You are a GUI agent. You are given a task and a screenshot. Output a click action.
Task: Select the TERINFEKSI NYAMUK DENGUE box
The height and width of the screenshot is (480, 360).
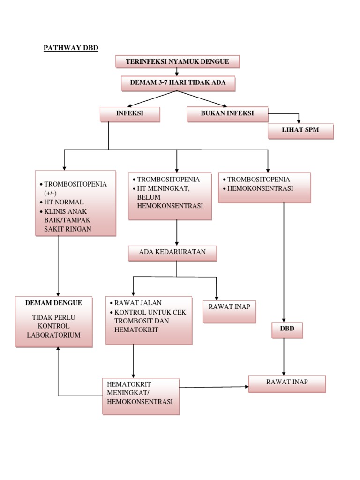click(x=177, y=62)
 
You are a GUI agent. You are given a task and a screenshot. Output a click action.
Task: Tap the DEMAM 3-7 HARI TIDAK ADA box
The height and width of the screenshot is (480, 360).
click(x=177, y=83)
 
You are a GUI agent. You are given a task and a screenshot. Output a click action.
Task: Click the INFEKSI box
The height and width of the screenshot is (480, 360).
click(x=129, y=114)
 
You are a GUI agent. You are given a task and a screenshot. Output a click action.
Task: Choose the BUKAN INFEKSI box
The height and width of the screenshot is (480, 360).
click(x=227, y=114)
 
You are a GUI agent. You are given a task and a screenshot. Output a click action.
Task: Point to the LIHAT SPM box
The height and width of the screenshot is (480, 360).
click(x=300, y=131)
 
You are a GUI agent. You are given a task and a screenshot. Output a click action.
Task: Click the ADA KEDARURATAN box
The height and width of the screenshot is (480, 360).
click(x=172, y=253)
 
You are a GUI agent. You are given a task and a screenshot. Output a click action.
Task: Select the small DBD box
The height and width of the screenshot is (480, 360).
click(x=287, y=330)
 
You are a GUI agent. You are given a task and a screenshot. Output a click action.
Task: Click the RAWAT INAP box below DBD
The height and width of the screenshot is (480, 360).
click(x=287, y=383)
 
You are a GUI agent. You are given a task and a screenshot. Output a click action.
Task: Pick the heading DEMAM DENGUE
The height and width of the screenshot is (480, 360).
click(x=53, y=303)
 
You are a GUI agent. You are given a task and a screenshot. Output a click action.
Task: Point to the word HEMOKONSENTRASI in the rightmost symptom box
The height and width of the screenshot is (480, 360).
click(x=260, y=188)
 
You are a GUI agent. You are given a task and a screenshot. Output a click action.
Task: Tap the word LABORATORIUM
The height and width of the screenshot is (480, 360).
click(x=53, y=335)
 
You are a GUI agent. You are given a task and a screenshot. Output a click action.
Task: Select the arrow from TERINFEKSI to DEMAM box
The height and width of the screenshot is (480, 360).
click(x=177, y=72)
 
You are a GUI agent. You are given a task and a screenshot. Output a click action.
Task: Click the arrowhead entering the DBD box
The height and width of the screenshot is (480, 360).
click(x=285, y=320)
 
